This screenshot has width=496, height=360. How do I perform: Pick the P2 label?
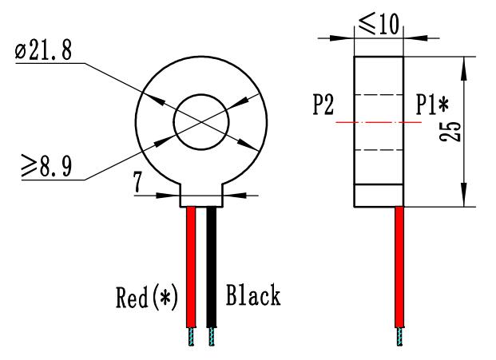tap(324, 106)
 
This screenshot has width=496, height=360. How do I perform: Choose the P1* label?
tap(431, 106)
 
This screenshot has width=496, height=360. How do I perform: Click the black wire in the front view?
tap(212, 263)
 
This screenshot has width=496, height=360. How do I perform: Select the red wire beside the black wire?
tap(191, 263)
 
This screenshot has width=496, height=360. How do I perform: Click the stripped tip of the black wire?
tap(212, 337)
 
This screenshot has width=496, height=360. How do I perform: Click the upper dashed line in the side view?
tap(379, 95)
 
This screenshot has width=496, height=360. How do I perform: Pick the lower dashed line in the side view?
tap(379, 150)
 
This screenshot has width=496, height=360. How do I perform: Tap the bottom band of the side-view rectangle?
tap(379, 196)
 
